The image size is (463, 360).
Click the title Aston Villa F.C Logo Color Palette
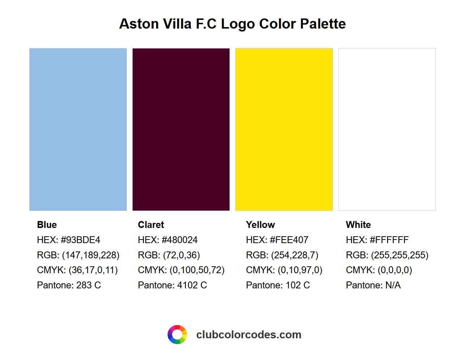[232, 24]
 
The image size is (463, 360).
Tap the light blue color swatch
[78, 129]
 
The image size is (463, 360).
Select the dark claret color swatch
[181, 129]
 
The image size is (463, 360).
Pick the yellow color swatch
[284, 129]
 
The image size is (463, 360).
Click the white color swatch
[387, 129]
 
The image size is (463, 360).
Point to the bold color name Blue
[47, 225]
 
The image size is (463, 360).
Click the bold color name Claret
[151, 225]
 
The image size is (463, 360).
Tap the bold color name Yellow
[261, 225]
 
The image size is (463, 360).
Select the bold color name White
[359, 225]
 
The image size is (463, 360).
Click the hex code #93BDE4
[80, 240]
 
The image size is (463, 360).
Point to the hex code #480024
[179, 240]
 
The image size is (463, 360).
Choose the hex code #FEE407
[289, 240]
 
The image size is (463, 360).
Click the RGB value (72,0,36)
[181, 255]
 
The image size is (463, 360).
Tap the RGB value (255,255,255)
[399, 255]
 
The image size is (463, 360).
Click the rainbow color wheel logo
[177, 335]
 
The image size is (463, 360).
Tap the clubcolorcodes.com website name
[249, 335]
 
